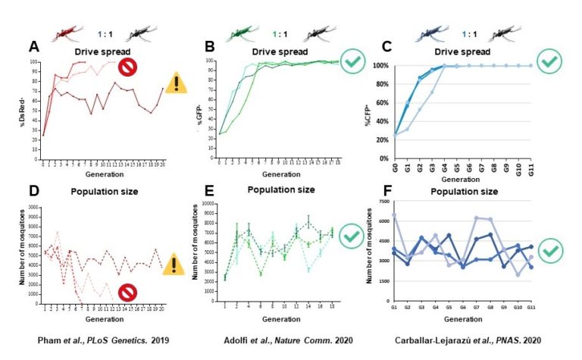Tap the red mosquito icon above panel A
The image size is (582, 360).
(70, 34)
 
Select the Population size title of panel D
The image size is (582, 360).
(106, 191)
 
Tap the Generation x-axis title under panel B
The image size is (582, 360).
(279, 171)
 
